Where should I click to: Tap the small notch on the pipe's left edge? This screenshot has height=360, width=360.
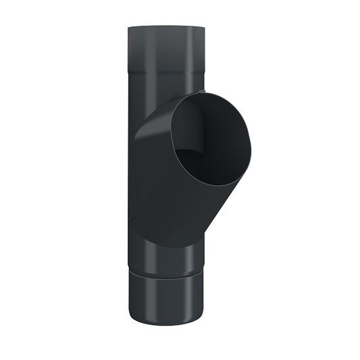pos(134,203)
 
